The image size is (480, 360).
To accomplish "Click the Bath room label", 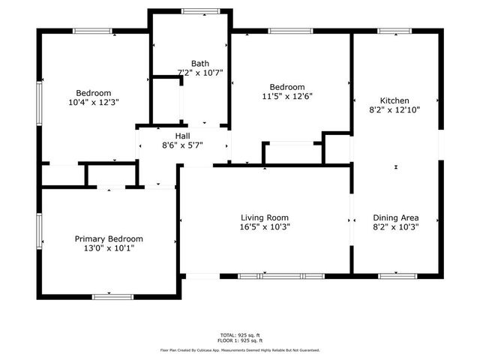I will pos(199,64).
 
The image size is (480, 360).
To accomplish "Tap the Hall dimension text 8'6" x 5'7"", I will pos(183,145).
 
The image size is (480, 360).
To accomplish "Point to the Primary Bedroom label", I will pos(109,238).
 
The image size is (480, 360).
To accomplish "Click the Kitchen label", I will pos(394,100).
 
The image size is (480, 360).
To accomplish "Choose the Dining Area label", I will pos(394,217).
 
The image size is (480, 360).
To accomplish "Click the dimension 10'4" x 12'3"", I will pos(94,101).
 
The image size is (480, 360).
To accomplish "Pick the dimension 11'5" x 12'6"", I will pos(286,96).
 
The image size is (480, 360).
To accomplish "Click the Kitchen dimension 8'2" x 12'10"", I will pos(394,110).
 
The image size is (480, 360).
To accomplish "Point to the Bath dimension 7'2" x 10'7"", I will pos(199,73).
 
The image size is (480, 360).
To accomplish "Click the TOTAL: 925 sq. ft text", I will pos(240,334).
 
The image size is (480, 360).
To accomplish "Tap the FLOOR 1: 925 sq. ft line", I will pos(240,340).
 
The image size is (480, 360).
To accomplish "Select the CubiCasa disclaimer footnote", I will pos(240,349).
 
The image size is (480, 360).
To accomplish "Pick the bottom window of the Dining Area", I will pos(397,275).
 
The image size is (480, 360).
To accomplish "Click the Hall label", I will pos(183,136).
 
